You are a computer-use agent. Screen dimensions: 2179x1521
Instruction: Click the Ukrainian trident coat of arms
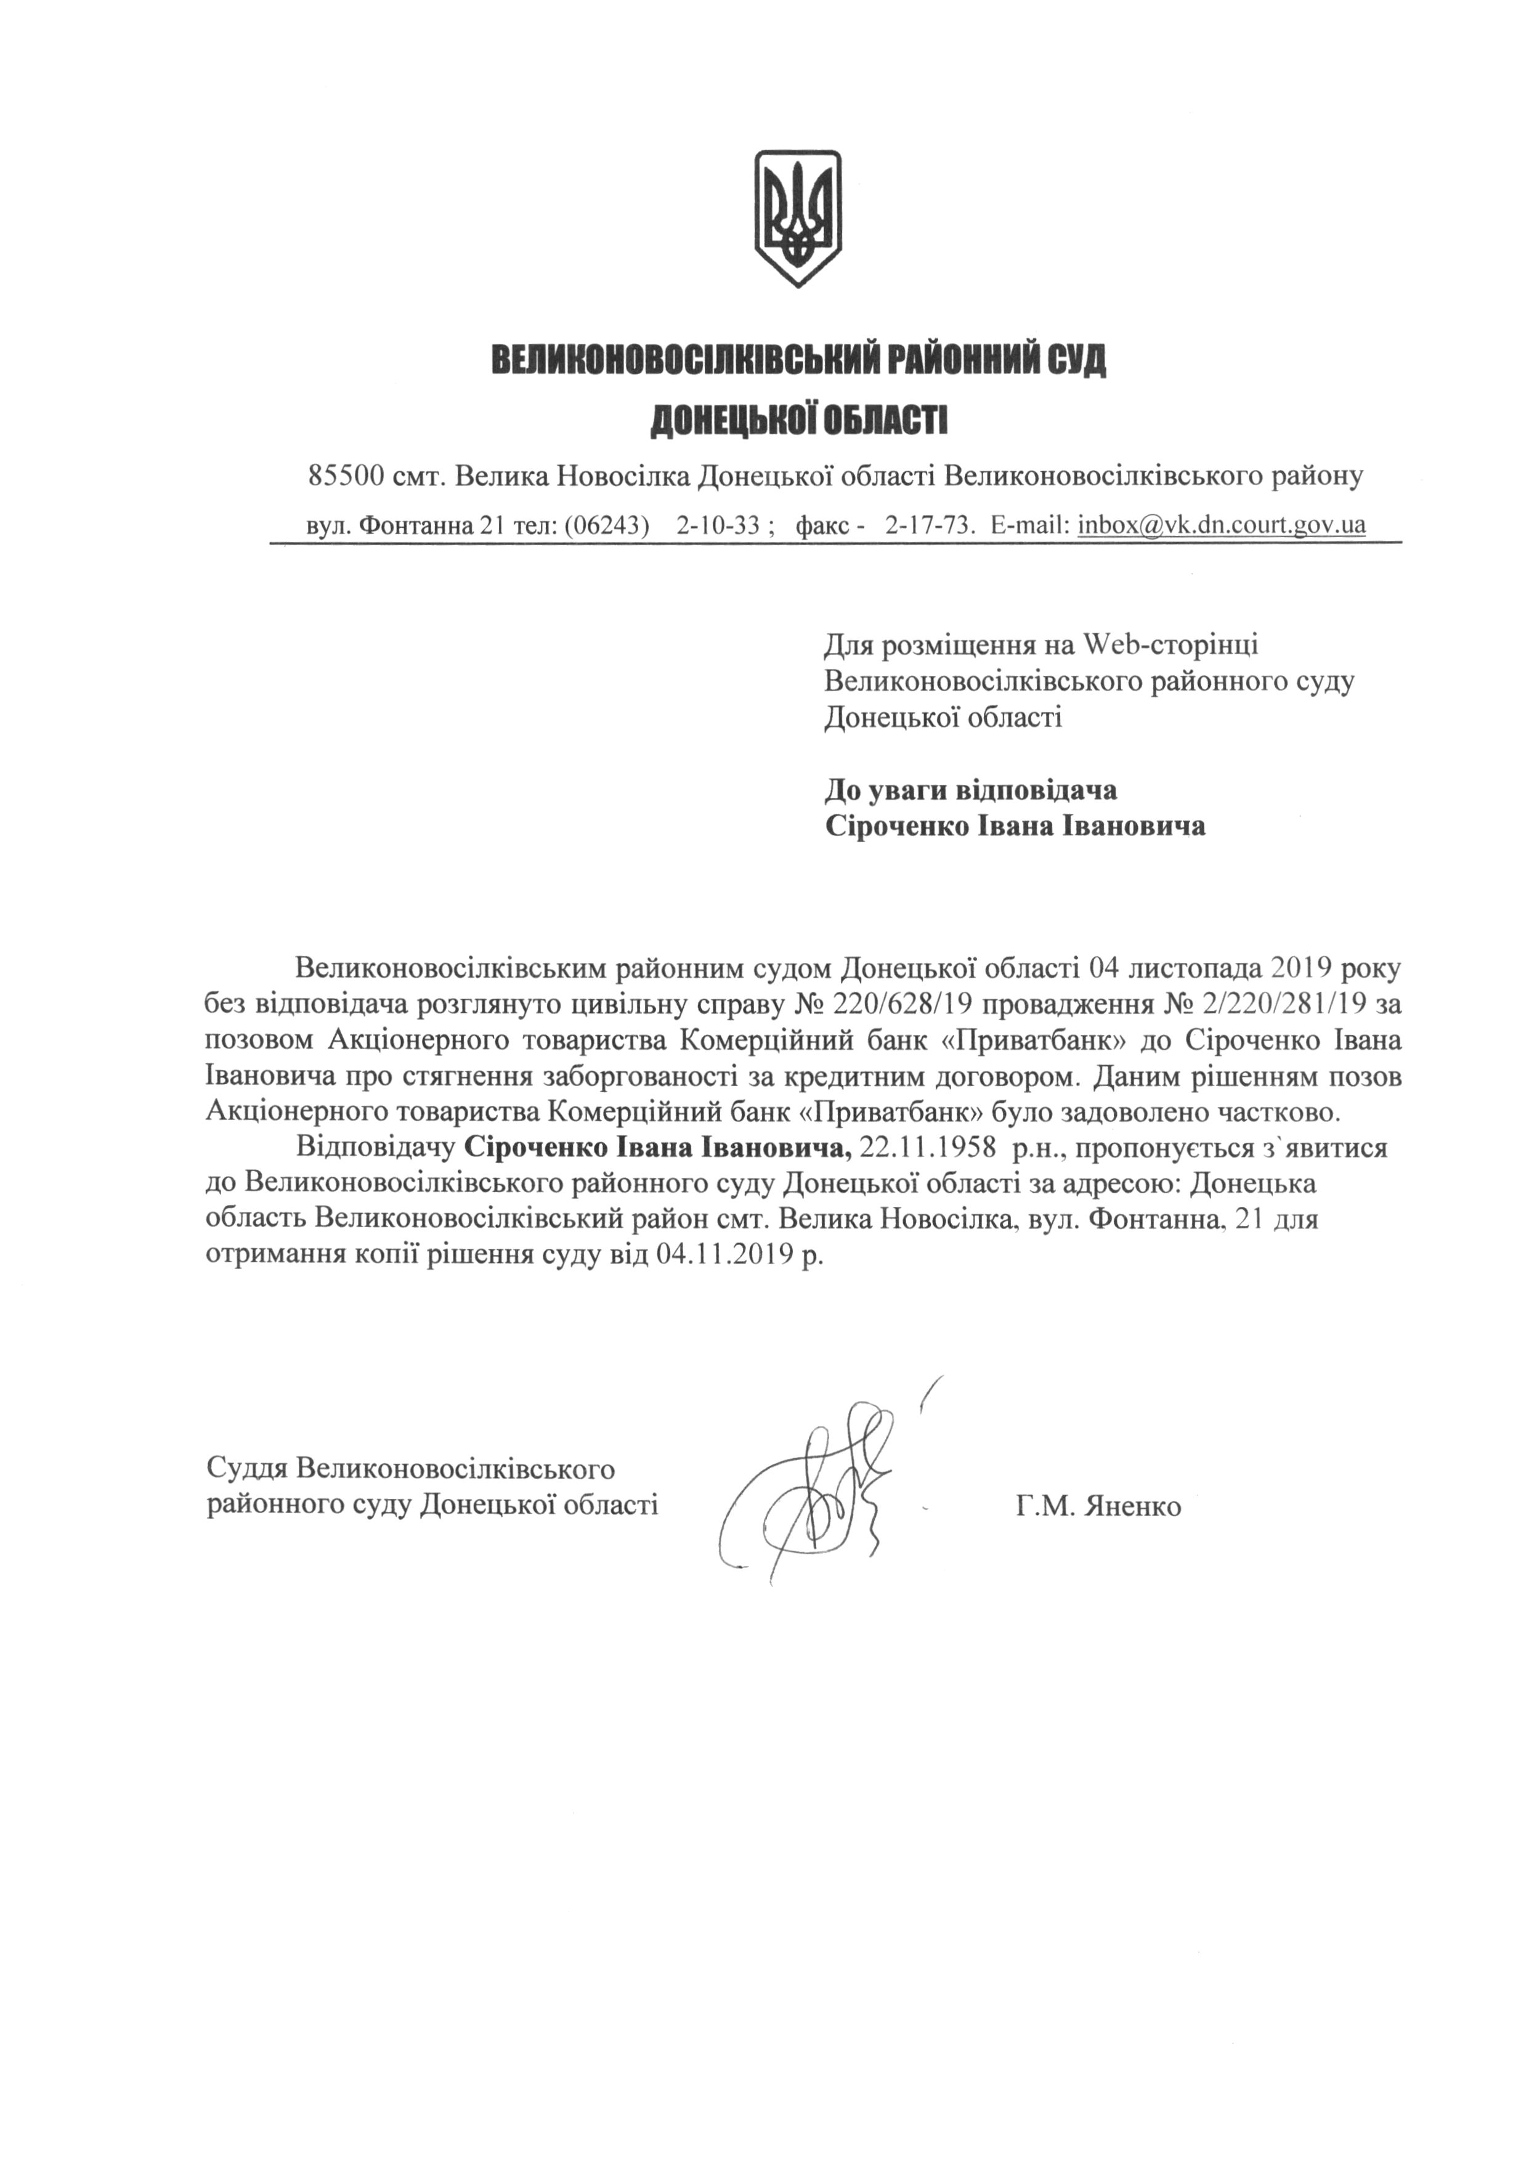point(797,217)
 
